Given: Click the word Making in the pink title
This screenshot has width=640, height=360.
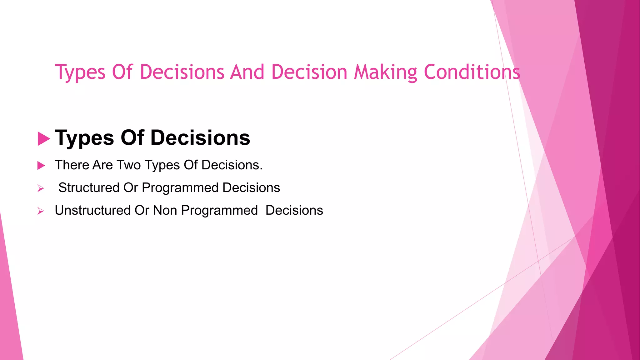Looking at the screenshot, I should click(386, 72).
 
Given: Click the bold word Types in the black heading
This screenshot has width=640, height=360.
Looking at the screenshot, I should click(84, 138).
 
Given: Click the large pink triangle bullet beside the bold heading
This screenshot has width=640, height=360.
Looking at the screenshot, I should click(43, 139).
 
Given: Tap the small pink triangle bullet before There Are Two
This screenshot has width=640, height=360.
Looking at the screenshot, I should click(41, 165).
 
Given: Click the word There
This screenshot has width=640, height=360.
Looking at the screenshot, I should click(72, 165).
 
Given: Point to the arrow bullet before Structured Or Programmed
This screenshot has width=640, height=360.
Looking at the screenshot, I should click(41, 188).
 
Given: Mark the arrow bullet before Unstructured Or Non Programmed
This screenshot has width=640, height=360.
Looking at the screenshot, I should click(41, 211).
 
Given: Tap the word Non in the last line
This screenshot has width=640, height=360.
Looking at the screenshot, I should click(165, 210).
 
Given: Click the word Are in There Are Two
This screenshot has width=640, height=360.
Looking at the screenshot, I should click(102, 165).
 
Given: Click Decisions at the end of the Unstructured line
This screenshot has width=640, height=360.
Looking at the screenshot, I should click(294, 210).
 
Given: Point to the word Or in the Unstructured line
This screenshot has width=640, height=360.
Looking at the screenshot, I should click(142, 210).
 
